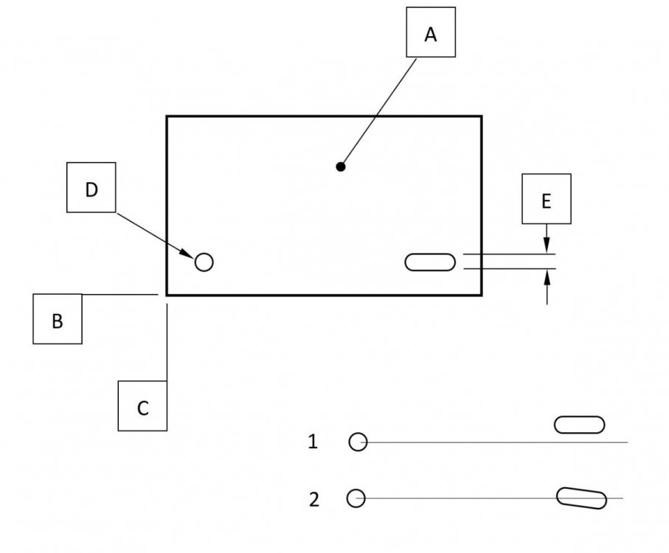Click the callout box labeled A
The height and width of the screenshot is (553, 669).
(x=431, y=33)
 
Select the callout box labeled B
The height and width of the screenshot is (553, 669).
(x=58, y=319)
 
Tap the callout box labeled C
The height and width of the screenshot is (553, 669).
(x=142, y=406)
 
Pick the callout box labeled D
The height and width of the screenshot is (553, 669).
(x=91, y=189)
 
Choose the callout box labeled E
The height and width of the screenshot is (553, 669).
(x=546, y=199)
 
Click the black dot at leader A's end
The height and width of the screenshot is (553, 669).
(x=341, y=167)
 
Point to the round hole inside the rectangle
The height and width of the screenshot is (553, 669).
(x=204, y=262)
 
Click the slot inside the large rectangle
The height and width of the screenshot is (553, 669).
(x=430, y=262)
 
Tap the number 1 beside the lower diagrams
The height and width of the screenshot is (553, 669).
(x=313, y=442)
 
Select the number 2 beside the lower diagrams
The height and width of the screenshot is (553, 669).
(x=314, y=499)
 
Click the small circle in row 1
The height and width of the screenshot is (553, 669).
(x=358, y=442)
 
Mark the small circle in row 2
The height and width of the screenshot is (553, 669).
(x=356, y=498)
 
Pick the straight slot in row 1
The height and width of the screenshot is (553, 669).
(x=579, y=425)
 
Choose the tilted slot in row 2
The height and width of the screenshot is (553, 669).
(x=581, y=498)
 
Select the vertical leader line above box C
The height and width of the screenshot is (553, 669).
(x=167, y=343)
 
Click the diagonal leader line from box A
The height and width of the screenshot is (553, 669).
(x=378, y=111)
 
